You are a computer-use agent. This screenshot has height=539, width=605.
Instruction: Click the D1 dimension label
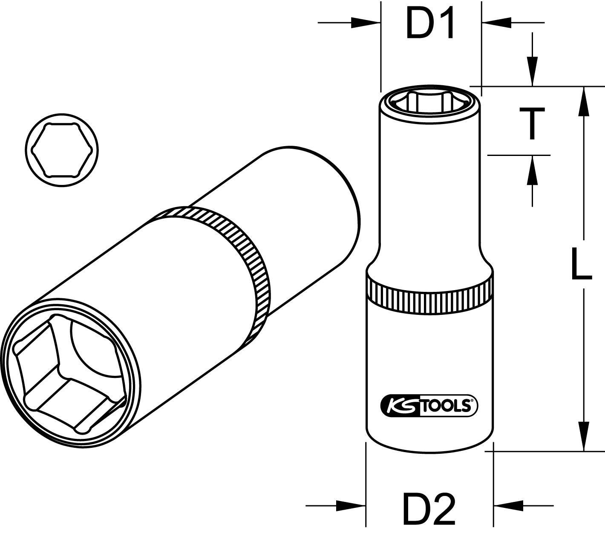[x=430, y=23]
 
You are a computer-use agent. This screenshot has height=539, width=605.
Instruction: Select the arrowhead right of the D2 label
[x=508, y=506]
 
